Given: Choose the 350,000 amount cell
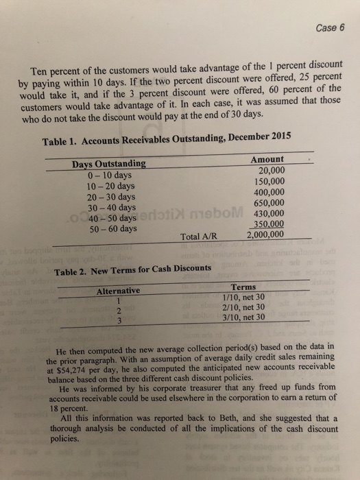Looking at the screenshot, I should point(269,224).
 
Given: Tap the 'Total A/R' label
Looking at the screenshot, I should point(199,237).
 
